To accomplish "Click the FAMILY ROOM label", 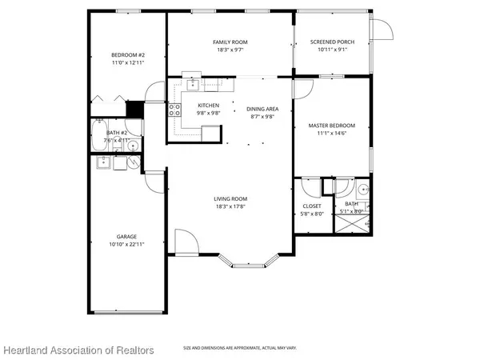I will point(230,42).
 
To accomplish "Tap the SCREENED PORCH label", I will point(331,42).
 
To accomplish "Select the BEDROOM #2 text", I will point(126,54).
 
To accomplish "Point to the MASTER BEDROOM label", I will point(331,125).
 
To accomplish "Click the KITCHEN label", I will point(208,106).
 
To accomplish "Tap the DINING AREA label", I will point(262,108).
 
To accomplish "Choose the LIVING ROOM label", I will point(230,198).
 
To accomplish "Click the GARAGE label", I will point(126,236).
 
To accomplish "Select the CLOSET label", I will point(312,206).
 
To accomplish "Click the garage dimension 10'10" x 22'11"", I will point(126,244).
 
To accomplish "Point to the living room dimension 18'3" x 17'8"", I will point(230,206).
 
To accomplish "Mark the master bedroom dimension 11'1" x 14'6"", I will point(331,133).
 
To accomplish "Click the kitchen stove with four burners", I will point(175,112).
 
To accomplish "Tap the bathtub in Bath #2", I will point(99,134).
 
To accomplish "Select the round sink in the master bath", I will point(362,190).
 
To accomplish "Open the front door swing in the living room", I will point(184,240).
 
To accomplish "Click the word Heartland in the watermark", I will point(29,350).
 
